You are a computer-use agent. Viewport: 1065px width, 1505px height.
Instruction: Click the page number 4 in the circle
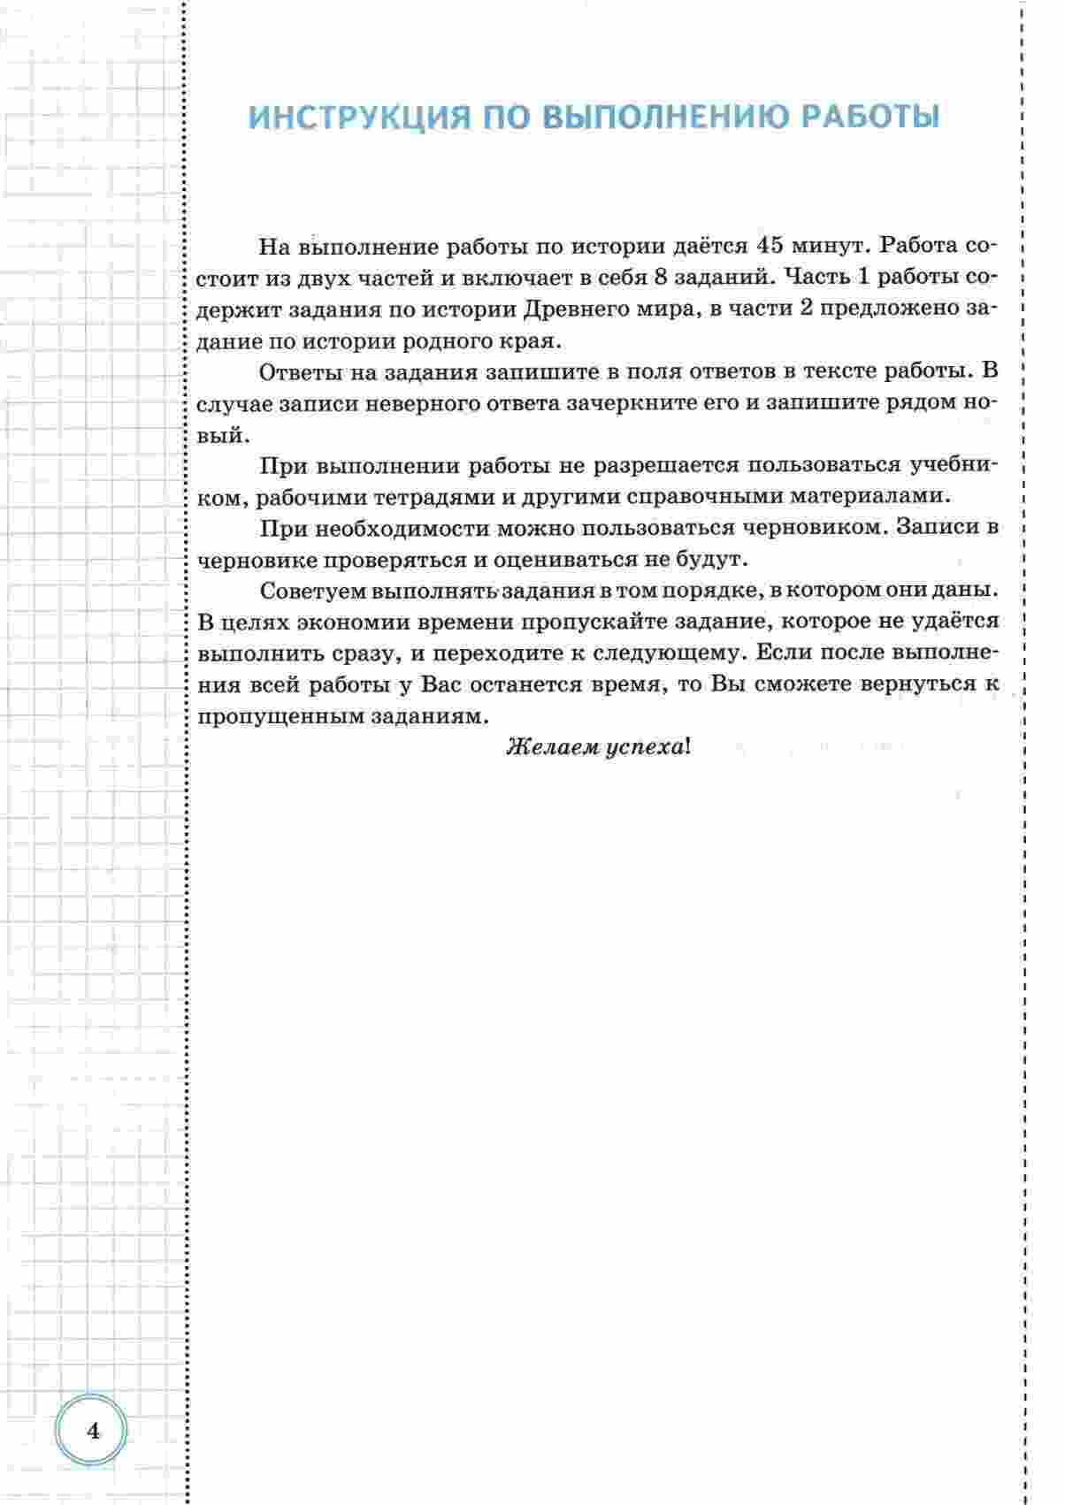pyautogui.click(x=93, y=1431)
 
